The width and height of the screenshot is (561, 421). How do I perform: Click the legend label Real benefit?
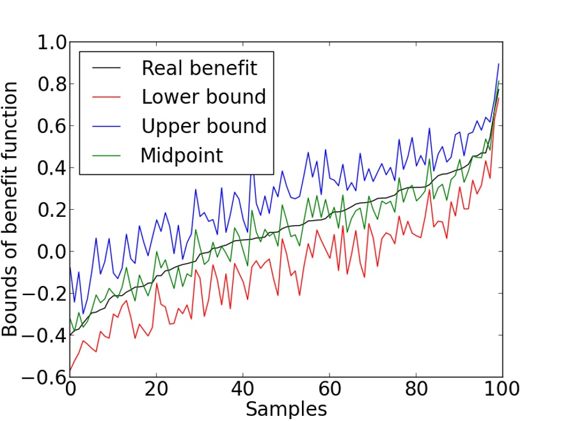[199, 67]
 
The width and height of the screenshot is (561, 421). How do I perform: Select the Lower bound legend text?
[203, 97]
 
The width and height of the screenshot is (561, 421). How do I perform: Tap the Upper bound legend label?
[203, 126]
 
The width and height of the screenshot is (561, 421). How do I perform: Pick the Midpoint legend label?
[182, 155]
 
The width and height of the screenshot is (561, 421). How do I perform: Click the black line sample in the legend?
[107, 68]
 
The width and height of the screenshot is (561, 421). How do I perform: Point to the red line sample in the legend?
[107, 97]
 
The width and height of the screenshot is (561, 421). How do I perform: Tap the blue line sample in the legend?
[107, 126]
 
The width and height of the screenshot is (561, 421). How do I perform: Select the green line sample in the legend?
[107, 155]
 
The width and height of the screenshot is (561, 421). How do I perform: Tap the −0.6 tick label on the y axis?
[43, 377]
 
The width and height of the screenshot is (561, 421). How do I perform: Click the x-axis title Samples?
[286, 409]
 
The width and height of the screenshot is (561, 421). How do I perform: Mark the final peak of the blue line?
[498, 64]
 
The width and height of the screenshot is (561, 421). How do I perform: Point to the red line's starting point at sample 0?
[70, 371]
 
